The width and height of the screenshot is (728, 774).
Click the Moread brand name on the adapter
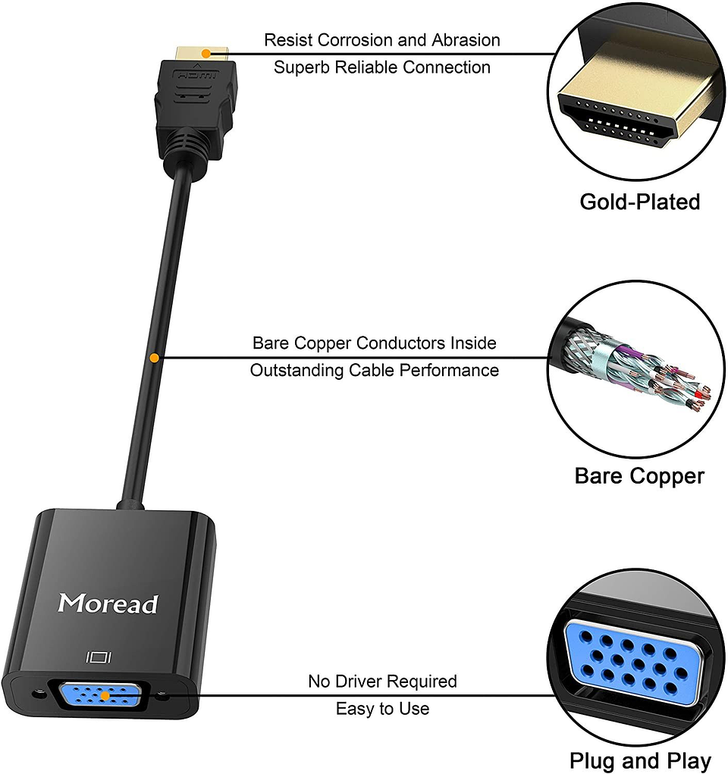tap(108, 603)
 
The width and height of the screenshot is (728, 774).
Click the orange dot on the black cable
tap(155, 356)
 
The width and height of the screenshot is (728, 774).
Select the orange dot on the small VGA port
tap(105, 694)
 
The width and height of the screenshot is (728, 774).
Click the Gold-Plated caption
tap(639, 202)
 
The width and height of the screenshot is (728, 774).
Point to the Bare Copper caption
tap(639, 476)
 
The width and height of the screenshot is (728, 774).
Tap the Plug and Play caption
tap(639, 760)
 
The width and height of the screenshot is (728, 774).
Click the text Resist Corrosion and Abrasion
tap(381, 40)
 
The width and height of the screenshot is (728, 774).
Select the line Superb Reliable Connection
tap(381, 67)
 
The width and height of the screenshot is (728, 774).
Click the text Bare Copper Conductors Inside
tap(375, 343)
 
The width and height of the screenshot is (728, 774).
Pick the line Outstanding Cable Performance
tap(375, 371)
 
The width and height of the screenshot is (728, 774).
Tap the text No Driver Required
tap(382, 681)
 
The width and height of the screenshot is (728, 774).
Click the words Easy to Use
tap(382, 709)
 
